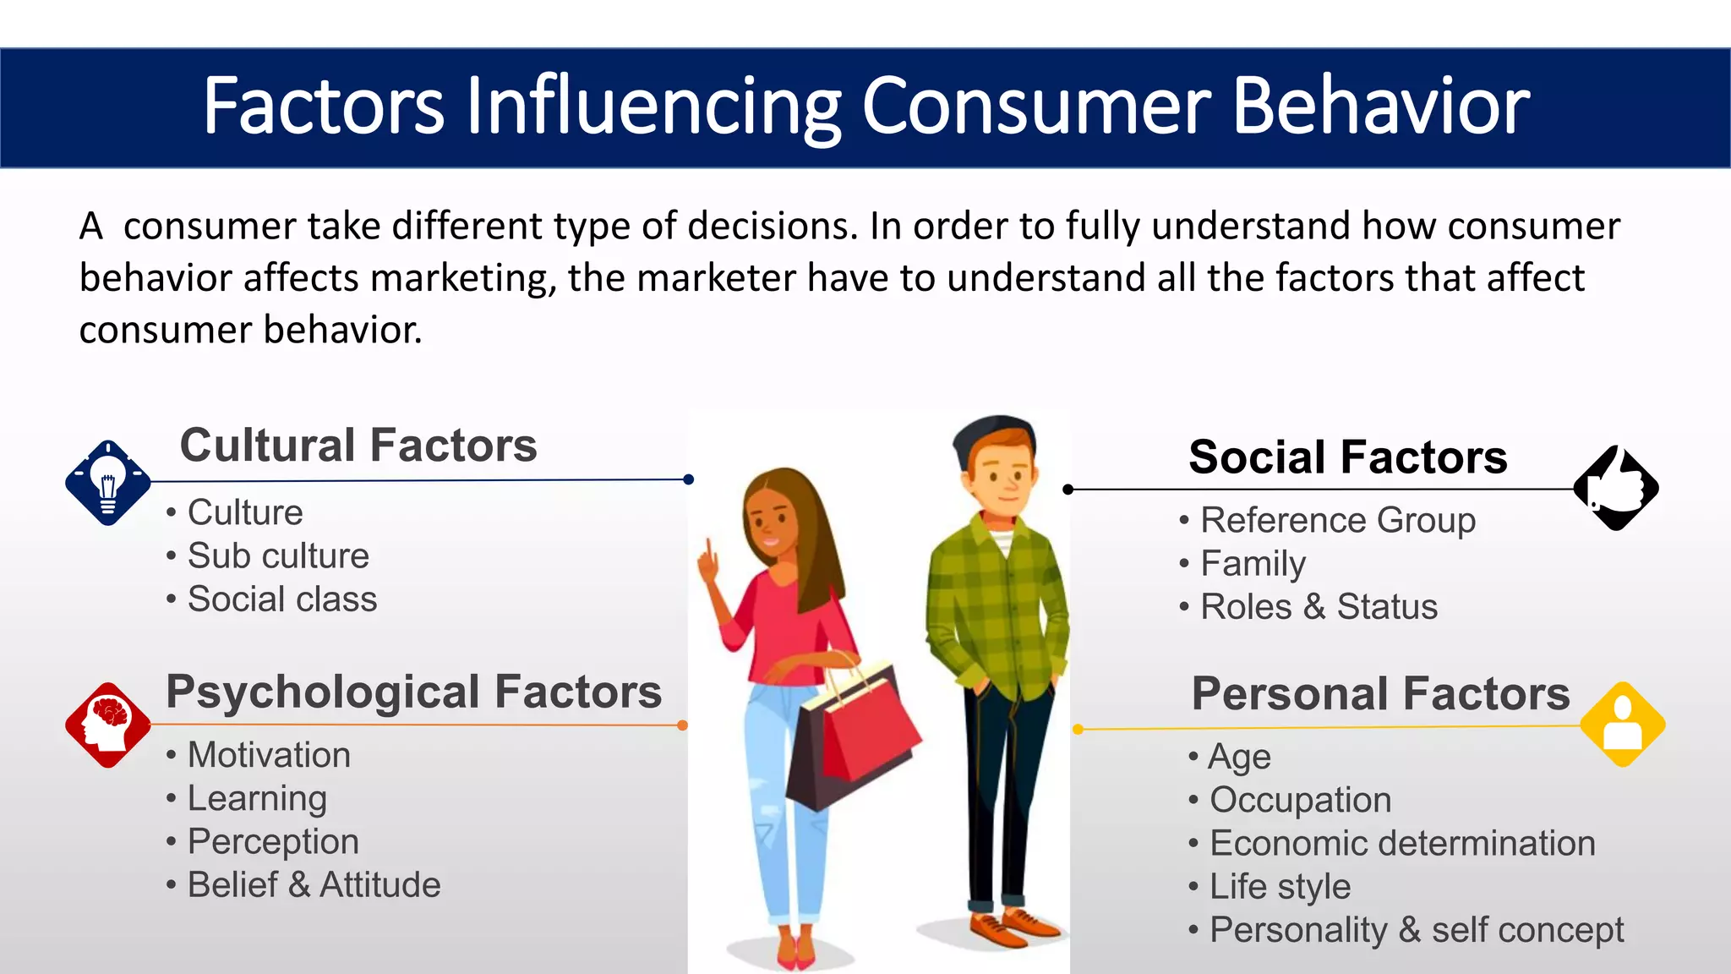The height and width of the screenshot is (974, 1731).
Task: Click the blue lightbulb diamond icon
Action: click(x=108, y=483)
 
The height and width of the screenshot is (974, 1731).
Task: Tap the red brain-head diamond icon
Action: click(x=108, y=725)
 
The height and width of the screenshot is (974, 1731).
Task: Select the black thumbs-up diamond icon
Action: click(x=1616, y=488)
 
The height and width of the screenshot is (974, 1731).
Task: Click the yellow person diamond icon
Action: click(x=1622, y=725)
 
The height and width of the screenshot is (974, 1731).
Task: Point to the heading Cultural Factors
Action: click(x=358, y=446)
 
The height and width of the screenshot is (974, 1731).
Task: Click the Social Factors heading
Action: click(x=1347, y=457)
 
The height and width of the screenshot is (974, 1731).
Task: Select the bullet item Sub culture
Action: click(x=278, y=556)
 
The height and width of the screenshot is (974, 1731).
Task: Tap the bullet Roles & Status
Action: click(x=1319, y=607)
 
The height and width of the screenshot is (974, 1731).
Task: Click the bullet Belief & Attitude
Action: click(x=314, y=885)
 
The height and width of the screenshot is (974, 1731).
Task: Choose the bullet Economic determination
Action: click(x=1401, y=844)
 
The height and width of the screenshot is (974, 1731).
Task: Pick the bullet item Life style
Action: click(x=1280, y=887)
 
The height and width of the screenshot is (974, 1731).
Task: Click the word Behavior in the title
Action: click(x=1381, y=107)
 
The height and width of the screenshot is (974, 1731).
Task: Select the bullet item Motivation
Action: click(x=269, y=755)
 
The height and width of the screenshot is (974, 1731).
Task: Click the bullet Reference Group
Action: click(x=1337, y=521)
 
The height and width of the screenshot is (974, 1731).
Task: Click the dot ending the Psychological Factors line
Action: click(x=682, y=725)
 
